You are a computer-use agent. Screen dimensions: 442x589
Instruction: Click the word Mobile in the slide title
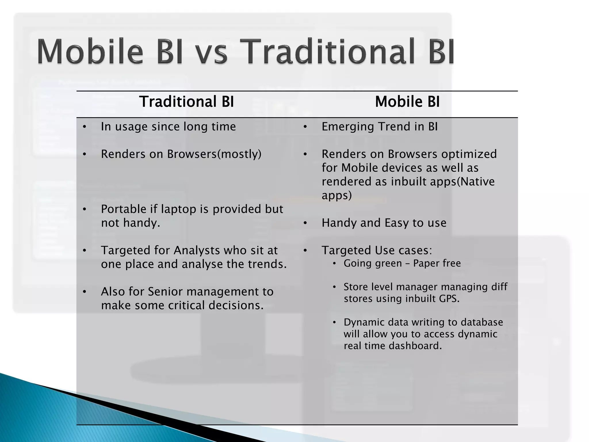tap(90, 52)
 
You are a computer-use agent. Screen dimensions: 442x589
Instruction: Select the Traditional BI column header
tap(186, 102)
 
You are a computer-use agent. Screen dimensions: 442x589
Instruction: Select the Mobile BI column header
tap(407, 102)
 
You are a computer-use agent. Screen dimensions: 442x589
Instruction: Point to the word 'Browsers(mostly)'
tap(214, 154)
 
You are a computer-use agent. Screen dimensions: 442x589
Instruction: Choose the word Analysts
tap(196, 251)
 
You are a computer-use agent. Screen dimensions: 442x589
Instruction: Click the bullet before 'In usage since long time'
tap(84, 127)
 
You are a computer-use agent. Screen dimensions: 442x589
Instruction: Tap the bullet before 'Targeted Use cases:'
tap(305, 251)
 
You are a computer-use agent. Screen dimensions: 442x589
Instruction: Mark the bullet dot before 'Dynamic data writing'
tap(334, 323)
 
